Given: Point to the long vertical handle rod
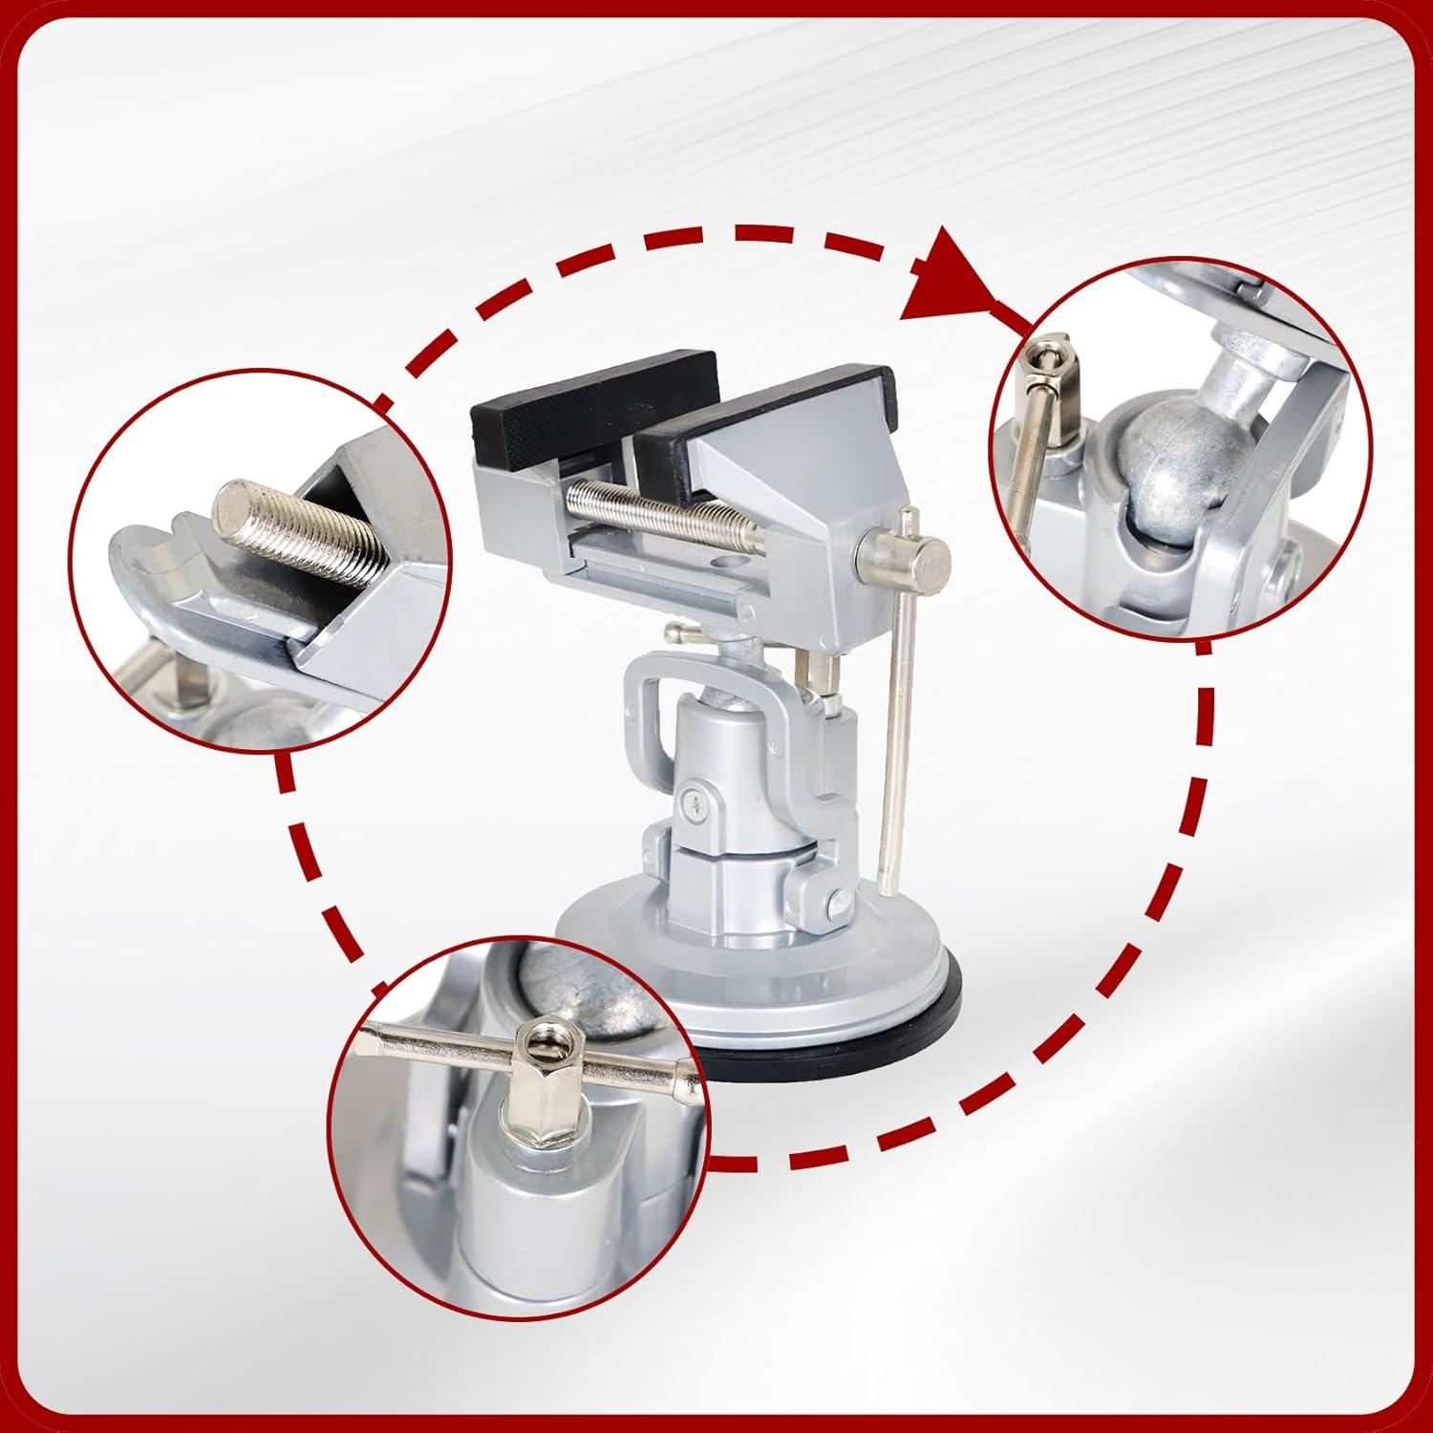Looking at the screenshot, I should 898,726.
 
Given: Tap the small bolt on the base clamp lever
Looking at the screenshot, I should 838,900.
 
